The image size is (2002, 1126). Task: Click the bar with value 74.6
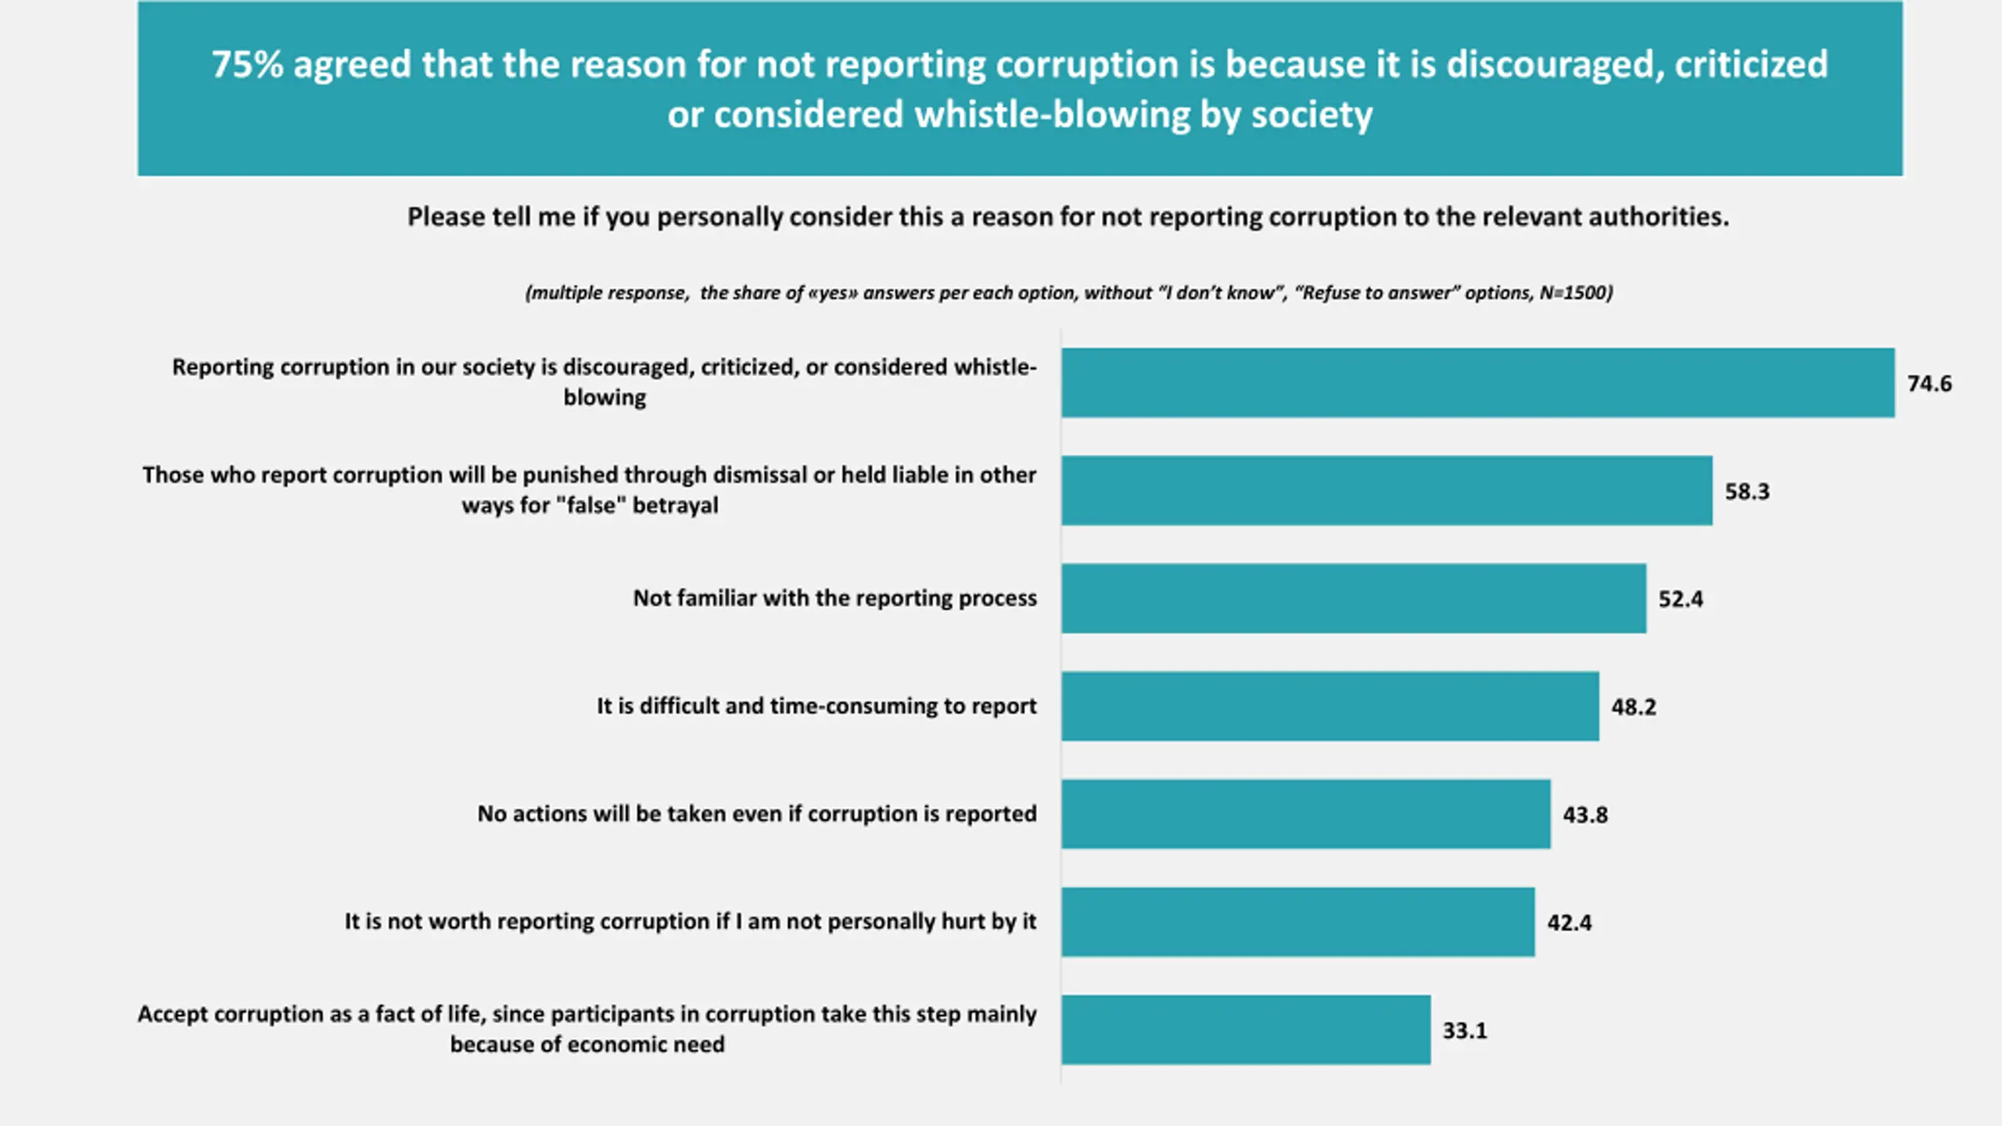tap(1478, 382)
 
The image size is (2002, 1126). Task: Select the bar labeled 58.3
tap(1387, 490)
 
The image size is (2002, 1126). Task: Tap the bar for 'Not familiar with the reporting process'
tap(1354, 598)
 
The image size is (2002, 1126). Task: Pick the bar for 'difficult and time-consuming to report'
tap(1330, 706)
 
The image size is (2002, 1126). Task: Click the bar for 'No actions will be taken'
tap(1306, 814)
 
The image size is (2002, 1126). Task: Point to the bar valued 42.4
tap(1298, 922)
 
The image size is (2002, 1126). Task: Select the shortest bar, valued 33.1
tap(1246, 1030)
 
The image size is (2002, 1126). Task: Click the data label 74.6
tap(1929, 384)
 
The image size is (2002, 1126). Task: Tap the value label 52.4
tap(1681, 600)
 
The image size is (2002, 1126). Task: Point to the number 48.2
tap(1634, 708)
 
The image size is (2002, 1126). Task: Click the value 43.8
tap(1585, 816)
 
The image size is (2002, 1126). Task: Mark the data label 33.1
tap(1465, 1031)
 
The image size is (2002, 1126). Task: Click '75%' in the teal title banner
tap(247, 65)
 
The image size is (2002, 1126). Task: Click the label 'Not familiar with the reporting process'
tap(834, 598)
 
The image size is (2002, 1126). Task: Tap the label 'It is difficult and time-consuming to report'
tap(816, 706)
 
